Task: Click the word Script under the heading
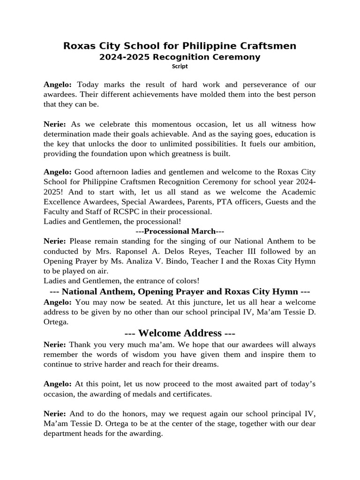pyautogui.click(x=180, y=67)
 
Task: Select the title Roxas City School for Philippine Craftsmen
pyautogui.click(x=180, y=46)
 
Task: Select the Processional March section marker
pyautogui.click(x=180, y=231)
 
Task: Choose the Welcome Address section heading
pyautogui.click(x=180, y=333)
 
